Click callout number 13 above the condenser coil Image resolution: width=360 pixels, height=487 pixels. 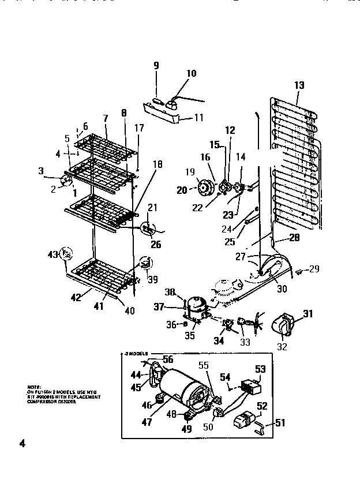(299, 85)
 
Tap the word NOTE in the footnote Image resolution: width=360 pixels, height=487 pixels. (33, 385)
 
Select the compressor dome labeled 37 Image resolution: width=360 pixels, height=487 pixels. (195, 302)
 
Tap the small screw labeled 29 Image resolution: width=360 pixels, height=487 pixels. (299, 270)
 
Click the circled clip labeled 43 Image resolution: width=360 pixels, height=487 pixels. (67, 253)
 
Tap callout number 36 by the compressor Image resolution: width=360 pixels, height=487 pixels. (171, 325)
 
